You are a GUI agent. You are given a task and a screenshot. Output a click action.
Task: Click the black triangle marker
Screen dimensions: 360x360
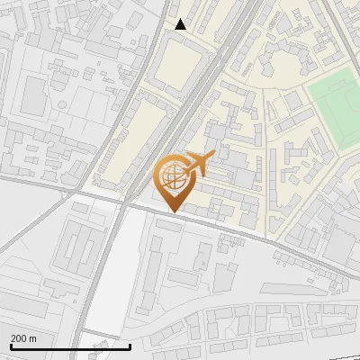(x=181, y=24)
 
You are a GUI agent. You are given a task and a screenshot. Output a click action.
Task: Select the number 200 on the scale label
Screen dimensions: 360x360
(x=19, y=338)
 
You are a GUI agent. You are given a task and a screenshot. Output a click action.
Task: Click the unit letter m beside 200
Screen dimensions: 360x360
(x=32, y=338)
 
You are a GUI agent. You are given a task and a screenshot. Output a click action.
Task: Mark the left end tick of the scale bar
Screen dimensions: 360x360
(x=10, y=345)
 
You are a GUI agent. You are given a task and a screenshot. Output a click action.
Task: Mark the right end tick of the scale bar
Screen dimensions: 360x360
(x=130, y=345)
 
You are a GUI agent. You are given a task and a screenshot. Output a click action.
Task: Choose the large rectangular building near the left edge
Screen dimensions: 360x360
(x=34, y=94)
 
